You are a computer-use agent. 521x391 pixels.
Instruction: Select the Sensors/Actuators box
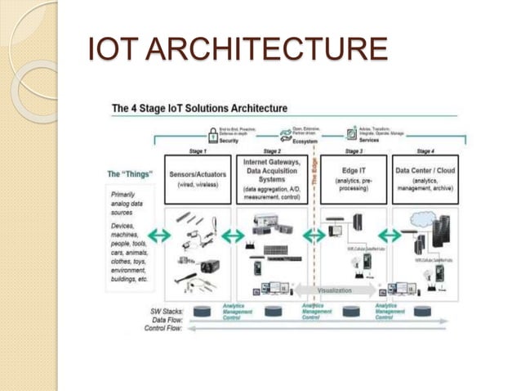click(x=198, y=179)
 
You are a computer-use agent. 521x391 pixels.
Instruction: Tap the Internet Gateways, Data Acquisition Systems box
click(x=272, y=179)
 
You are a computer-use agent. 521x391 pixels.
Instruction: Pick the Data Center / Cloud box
click(x=425, y=179)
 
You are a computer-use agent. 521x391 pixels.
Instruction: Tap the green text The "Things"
click(x=131, y=174)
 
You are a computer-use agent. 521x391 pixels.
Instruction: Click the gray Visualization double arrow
click(x=335, y=290)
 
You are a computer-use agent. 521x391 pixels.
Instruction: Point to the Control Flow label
click(x=163, y=329)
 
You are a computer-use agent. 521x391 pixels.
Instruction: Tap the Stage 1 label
click(x=198, y=151)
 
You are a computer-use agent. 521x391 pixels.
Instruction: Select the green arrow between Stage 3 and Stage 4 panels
click(x=390, y=236)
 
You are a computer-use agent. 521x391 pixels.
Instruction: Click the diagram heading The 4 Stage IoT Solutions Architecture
click(x=199, y=108)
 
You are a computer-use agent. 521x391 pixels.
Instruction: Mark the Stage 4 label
click(x=425, y=151)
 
